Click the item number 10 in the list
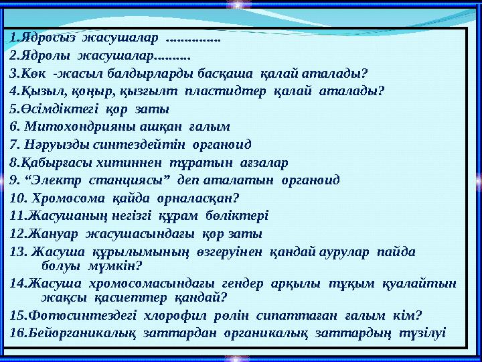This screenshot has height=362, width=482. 18,198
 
